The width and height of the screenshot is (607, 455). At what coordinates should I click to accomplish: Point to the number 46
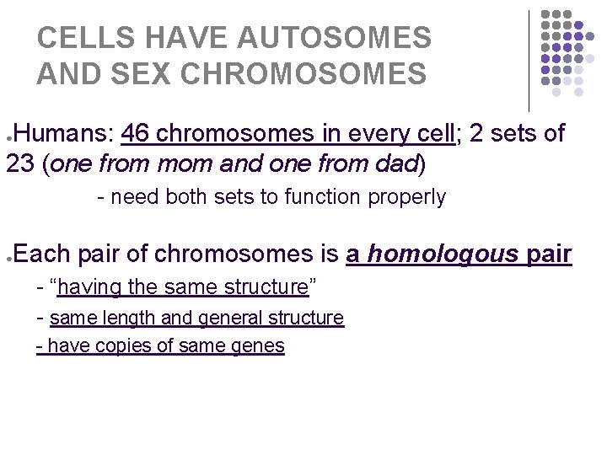pyautogui.click(x=137, y=134)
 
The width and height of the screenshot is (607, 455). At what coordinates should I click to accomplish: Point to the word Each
pyautogui.click(x=40, y=253)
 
